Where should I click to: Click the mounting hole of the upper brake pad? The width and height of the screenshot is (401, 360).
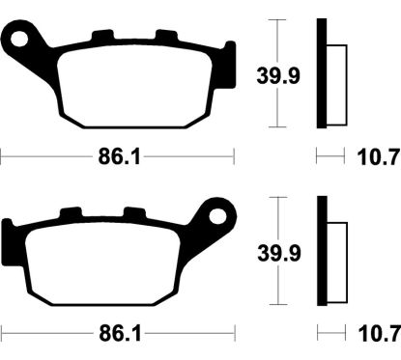tap(18, 41)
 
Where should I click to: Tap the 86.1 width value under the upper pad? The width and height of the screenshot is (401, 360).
tap(118, 154)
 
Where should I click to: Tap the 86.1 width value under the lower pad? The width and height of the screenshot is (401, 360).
tap(118, 332)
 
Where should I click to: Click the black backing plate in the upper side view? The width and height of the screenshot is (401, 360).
tap(323, 72)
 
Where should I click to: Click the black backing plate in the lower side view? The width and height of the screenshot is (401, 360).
tap(323, 251)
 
